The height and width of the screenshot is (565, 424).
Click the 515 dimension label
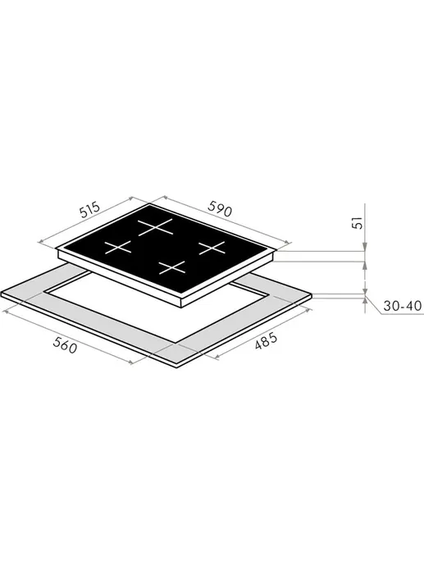89,211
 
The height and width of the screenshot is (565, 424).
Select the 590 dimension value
220,209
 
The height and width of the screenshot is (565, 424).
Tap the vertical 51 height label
356,223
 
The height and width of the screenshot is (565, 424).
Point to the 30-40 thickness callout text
402,306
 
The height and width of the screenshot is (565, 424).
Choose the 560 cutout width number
65,346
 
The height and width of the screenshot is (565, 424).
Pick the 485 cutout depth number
267,341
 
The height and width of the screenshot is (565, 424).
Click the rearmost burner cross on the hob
155,227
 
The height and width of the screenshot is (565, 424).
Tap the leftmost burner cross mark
118,248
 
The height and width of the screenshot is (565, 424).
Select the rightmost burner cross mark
212,248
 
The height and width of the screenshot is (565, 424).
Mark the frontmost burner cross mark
172,267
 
